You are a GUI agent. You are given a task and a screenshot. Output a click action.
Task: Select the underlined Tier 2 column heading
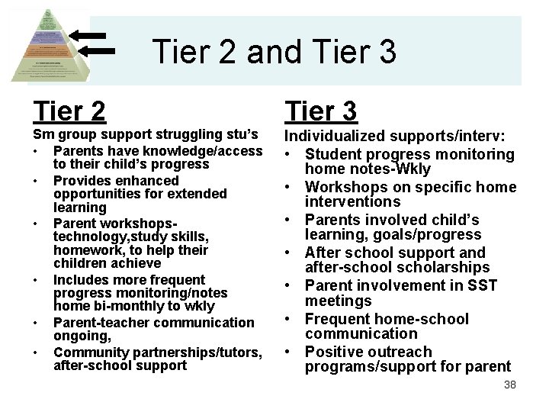coord(69,111)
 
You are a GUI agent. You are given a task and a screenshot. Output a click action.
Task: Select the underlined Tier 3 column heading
coord(320,111)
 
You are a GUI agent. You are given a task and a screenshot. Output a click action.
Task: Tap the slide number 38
coord(510,385)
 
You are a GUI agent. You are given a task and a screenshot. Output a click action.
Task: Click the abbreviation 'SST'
coord(480,285)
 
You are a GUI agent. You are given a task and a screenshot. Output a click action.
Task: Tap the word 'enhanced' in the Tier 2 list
coord(145,181)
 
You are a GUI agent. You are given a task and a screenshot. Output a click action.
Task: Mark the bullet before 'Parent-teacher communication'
coord(36,323)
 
